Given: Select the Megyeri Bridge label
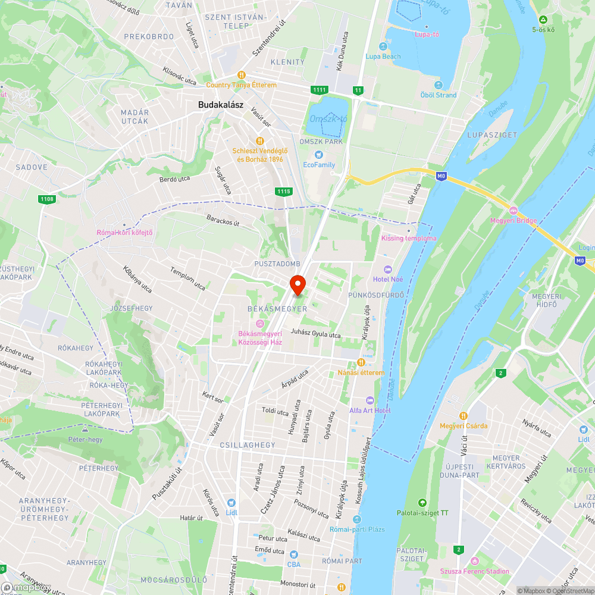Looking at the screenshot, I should click(x=513, y=221).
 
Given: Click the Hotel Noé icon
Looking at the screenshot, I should click(x=388, y=270).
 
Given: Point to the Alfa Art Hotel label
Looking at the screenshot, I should click(x=370, y=411).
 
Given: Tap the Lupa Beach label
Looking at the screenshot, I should click(x=383, y=57).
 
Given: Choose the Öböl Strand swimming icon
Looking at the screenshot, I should click(x=439, y=85).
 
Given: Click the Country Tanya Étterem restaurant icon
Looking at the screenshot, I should click(x=242, y=75).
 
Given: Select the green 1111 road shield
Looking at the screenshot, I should click(x=319, y=90).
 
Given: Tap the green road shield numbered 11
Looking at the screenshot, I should click(x=358, y=90).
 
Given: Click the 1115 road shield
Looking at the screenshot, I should click(x=284, y=191).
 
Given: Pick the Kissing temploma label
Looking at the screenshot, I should click(x=408, y=239).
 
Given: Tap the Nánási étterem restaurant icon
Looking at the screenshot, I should click(x=361, y=363).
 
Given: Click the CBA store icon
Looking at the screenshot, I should click(x=294, y=554).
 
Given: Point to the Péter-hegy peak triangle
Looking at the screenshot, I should click(x=85, y=429).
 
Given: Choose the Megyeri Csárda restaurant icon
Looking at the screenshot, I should click(x=464, y=415).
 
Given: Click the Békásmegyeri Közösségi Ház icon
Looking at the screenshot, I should click(x=259, y=323).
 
